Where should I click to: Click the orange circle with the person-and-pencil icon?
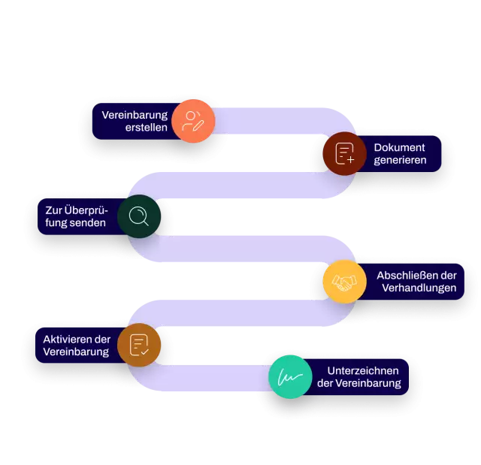(x=193, y=121)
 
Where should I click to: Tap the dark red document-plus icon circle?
(x=344, y=154)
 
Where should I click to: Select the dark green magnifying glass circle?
(x=139, y=217)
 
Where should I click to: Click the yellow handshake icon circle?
(x=344, y=282)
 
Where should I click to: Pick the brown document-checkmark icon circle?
(x=139, y=345)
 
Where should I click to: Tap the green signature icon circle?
(x=291, y=377)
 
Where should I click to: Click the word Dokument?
(x=399, y=147)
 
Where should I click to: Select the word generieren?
(x=400, y=160)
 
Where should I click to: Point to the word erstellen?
(x=146, y=128)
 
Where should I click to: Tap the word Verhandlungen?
(x=417, y=288)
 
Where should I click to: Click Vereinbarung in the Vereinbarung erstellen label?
(x=135, y=115)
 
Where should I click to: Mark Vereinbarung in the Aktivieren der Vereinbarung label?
(x=76, y=352)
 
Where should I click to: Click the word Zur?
(x=54, y=210)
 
